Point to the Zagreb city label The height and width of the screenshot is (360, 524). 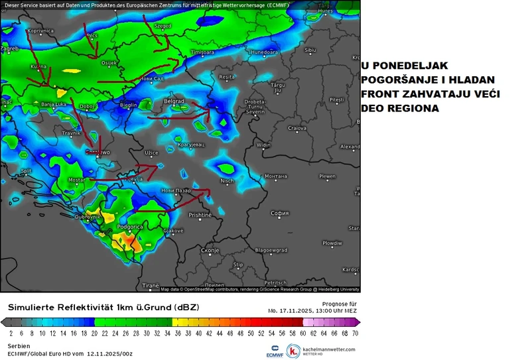point(9,48)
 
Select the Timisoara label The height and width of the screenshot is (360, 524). point(204,52)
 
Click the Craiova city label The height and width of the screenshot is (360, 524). point(297,128)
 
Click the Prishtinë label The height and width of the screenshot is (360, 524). point(200,215)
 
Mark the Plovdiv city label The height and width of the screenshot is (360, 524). point(332,243)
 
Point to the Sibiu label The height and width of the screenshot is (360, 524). point(310,50)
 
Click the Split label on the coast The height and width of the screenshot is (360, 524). point(27,170)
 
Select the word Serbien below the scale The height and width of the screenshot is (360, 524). point(19,346)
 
